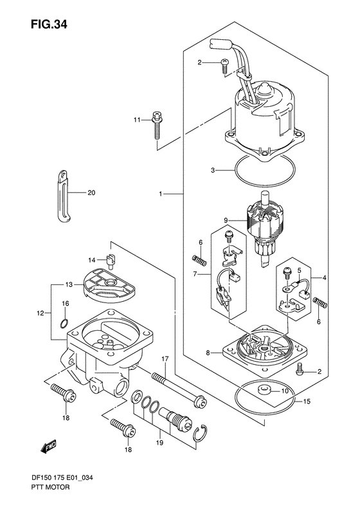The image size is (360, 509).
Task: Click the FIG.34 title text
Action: click(49, 24)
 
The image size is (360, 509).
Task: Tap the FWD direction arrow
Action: click(49, 446)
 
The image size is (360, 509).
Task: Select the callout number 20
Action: click(91, 193)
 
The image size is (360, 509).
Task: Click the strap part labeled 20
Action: click(64, 196)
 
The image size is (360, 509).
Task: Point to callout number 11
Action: click(136, 120)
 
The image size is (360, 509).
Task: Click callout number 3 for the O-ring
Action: click(213, 170)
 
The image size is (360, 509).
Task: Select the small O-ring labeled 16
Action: click(64, 323)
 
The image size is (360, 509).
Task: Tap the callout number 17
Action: click(165, 359)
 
